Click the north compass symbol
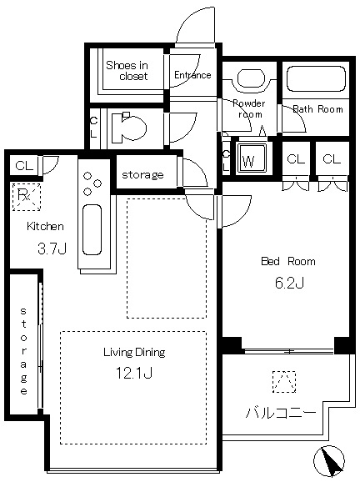coord(329,461)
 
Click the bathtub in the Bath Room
coord(316,78)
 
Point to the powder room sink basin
coord(251,78)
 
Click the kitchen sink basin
coord(92,229)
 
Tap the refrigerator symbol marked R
coord(27,197)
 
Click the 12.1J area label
coord(134,373)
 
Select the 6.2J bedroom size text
coord(289,283)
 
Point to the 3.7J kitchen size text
coord(52,249)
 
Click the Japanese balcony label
coord(281,413)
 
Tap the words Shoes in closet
coord(127,71)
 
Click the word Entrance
coord(192,75)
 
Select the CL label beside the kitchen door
coord(24,165)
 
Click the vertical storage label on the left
coord(23,351)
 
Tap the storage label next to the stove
coord(142,174)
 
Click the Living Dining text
coord(134,352)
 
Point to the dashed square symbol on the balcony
coord(284,382)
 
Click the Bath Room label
coord(317,109)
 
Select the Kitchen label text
coord(45,226)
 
